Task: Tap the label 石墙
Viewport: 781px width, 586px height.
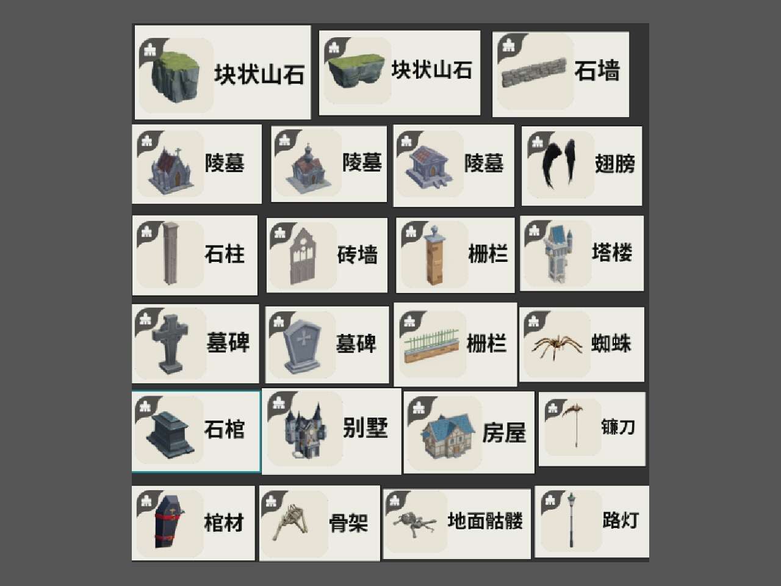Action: pos(597,71)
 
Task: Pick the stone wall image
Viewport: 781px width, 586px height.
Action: pos(534,73)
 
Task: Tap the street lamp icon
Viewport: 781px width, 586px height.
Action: pos(571,520)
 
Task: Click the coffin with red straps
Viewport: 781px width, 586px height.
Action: pos(168,521)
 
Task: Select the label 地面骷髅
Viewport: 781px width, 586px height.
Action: pos(485,521)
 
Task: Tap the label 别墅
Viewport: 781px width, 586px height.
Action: pos(365,428)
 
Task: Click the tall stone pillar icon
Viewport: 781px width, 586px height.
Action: pos(170,253)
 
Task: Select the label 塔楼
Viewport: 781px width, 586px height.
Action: pos(612,253)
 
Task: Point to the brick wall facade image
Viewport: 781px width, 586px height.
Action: pos(303,256)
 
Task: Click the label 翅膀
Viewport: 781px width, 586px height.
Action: pos(615,164)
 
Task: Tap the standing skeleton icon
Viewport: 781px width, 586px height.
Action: pos(290,523)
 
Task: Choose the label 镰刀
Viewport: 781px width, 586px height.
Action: pos(618,427)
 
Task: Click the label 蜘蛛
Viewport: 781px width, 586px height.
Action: pos(611,344)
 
